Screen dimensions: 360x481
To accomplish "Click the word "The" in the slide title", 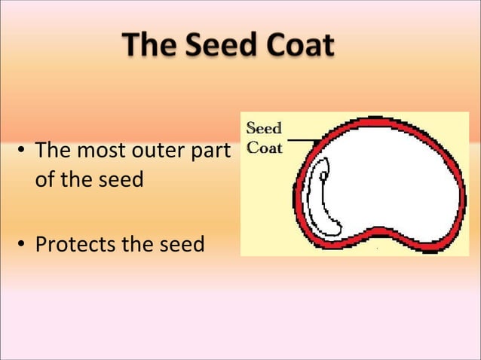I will [x=149, y=46].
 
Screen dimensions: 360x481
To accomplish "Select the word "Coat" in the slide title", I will [x=294, y=46].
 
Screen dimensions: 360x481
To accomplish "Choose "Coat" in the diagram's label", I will [x=265, y=148].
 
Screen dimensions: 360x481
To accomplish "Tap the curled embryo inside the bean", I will [x=322, y=207].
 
